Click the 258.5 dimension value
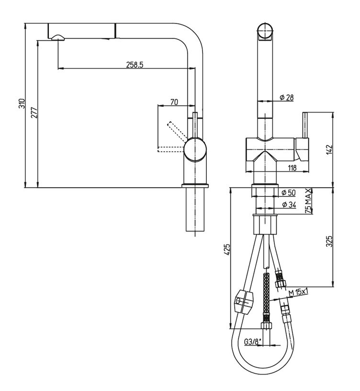point(135,65)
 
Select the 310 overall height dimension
point(22,103)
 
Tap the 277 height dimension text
point(34,113)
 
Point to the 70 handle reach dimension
point(174,102)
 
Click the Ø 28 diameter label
point(287,97)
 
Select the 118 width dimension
point(292,168)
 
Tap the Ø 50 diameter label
point(288,193)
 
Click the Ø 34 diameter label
point(289,205)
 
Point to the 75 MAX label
point(309,201)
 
